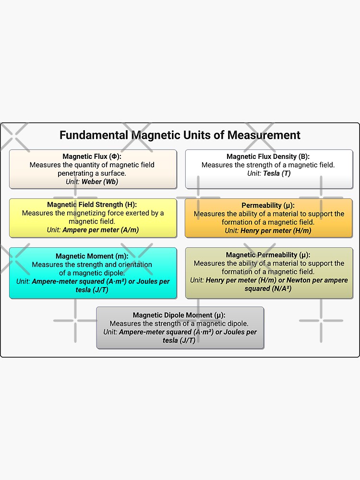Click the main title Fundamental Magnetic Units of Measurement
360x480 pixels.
[x=180, y=135]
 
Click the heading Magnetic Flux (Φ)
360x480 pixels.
[x=92, y=156]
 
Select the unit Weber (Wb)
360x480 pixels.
[x=100, y=181]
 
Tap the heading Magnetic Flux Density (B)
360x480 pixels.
[x=268, y=156]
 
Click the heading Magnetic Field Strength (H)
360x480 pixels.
[x=92, y=204]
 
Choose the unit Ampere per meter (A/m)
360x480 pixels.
[x=100, y=230]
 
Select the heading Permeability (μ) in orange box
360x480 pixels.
[x=268, y=205]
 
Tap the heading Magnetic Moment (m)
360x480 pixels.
[x=92, y=256]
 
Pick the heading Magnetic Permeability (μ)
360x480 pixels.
[x=268, y=255]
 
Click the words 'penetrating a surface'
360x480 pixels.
[x=92, y=173]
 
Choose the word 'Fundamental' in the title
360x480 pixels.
[x=94, y=135]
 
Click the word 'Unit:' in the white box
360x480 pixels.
[x=254, y=173]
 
